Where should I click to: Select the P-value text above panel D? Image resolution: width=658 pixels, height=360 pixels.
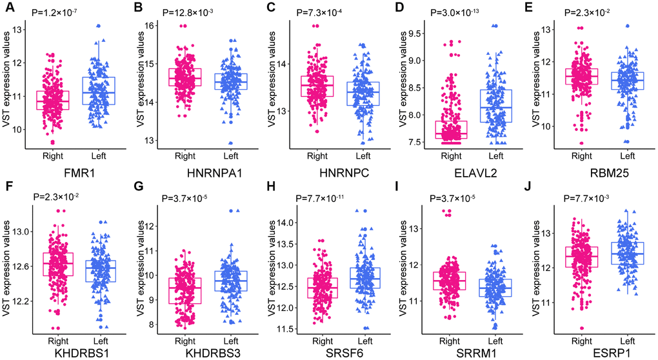pos(460,12)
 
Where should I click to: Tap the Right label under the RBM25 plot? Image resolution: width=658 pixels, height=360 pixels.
pos(581,155)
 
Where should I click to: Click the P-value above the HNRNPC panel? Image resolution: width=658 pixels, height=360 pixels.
pos(326,12)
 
